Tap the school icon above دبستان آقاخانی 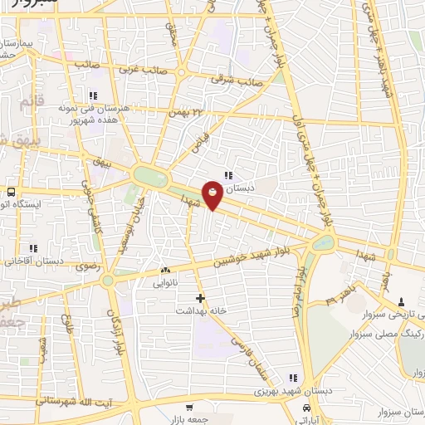(33, 247)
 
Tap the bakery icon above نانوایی (165, 269)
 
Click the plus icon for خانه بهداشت (199, 297)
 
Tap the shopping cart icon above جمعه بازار (190, 408)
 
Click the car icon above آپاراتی (308, 408)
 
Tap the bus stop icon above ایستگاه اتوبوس (10, 188)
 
